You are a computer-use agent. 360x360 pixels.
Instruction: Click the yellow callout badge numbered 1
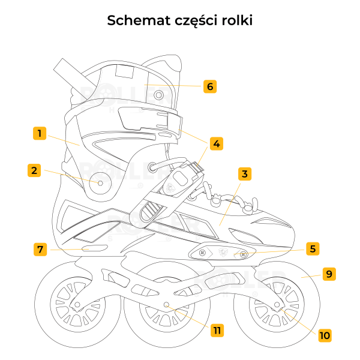(x=40, y=133)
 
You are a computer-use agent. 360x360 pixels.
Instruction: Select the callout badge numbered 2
(x=34, y=170)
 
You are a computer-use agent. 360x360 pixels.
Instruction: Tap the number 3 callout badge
(x=245, y=174)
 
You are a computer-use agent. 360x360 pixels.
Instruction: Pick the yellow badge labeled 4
(x=217, y=144)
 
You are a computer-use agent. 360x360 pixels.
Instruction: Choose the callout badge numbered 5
(x=313, y=248)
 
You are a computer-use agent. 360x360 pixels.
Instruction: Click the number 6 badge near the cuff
(x=210, y=86)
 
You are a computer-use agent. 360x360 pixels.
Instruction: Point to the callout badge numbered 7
(x=40, y=250)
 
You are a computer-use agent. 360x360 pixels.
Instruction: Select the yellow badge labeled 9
(x=329, y=274)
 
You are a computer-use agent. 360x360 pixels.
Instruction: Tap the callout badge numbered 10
(x=325, y=335)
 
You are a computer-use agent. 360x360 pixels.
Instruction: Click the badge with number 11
(x=217, y=331)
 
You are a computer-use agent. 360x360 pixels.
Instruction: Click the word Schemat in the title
(x=139, y=20)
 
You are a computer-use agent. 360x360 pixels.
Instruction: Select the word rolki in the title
(x=237, y=20)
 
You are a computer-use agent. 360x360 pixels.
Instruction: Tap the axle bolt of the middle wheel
(x=166, y=305)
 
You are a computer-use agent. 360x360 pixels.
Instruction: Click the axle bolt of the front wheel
(x=277, y=305)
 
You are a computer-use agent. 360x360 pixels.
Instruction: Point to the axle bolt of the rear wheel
(x=77, y=305)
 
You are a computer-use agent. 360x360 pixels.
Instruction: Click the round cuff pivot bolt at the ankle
(x=100, y=183)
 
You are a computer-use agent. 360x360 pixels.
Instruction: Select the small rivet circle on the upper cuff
(x=158, y=95)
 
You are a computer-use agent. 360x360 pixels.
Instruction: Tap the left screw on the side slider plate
(x=202, y=253)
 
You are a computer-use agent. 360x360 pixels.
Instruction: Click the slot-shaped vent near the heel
(x=95, y=248)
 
